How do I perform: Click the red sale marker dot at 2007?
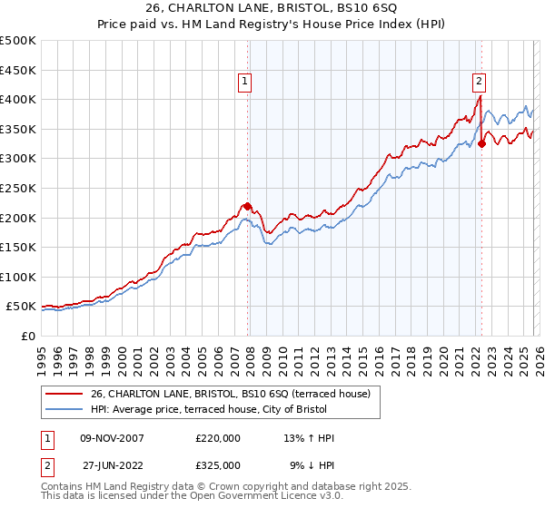[x=247, y=206]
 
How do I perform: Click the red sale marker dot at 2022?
[x=481, y=143]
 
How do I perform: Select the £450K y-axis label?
[x=18, y=70]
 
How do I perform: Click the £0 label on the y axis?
[x=27, y=336]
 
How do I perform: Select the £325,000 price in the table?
[x=218, y=464]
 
